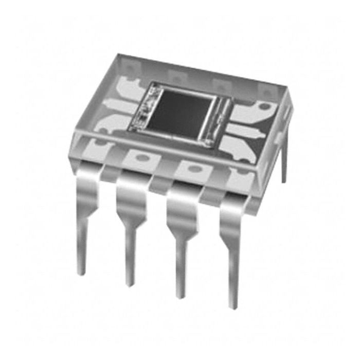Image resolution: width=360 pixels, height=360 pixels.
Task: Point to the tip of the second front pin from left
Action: click(x=130, y=284)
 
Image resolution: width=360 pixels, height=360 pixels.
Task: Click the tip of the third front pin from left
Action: click(x=180, y=296)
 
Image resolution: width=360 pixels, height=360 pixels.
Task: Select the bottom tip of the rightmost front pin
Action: click(x=235, y=307)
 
